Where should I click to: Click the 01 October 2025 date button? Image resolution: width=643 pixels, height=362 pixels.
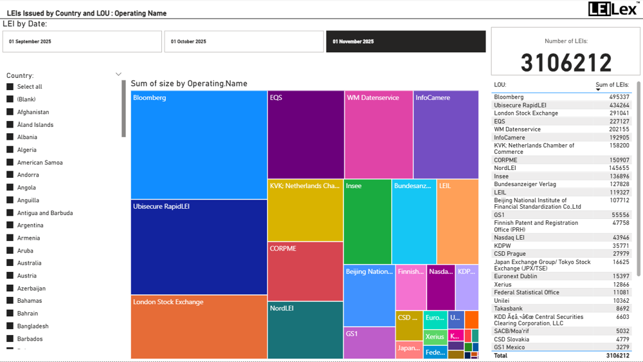[244, 42]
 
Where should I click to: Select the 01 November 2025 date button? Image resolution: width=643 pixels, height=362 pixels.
[406, 42]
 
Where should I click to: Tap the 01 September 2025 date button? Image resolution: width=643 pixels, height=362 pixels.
[82, 42]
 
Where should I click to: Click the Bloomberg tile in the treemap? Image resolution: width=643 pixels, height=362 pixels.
[199, 145]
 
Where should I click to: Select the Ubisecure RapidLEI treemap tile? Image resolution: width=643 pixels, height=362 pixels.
[199, 247]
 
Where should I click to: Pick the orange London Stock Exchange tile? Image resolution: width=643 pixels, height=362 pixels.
[199, 327]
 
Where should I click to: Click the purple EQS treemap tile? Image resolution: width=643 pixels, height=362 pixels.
[305, 134]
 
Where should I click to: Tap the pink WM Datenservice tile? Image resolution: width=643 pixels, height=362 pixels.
[378, 134]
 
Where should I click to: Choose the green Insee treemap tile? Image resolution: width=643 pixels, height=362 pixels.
[367, 222]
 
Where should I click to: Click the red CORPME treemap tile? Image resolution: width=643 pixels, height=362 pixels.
[305, 271]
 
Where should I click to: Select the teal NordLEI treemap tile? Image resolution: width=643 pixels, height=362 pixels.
[305, 330]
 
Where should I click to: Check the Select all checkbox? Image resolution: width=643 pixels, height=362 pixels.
[10, 87]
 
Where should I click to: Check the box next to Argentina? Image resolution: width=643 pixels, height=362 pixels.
[10, 225]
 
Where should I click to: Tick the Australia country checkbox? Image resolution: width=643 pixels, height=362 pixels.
[10, 263]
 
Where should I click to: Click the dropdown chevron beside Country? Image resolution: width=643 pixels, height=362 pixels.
[118, 75]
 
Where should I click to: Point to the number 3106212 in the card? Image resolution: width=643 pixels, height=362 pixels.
[566, 63]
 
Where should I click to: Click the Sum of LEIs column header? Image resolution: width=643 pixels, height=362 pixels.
[611, 85]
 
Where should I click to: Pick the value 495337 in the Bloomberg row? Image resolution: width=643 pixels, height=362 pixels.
[619, 97]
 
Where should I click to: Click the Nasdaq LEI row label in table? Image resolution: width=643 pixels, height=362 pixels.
[509, 238]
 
